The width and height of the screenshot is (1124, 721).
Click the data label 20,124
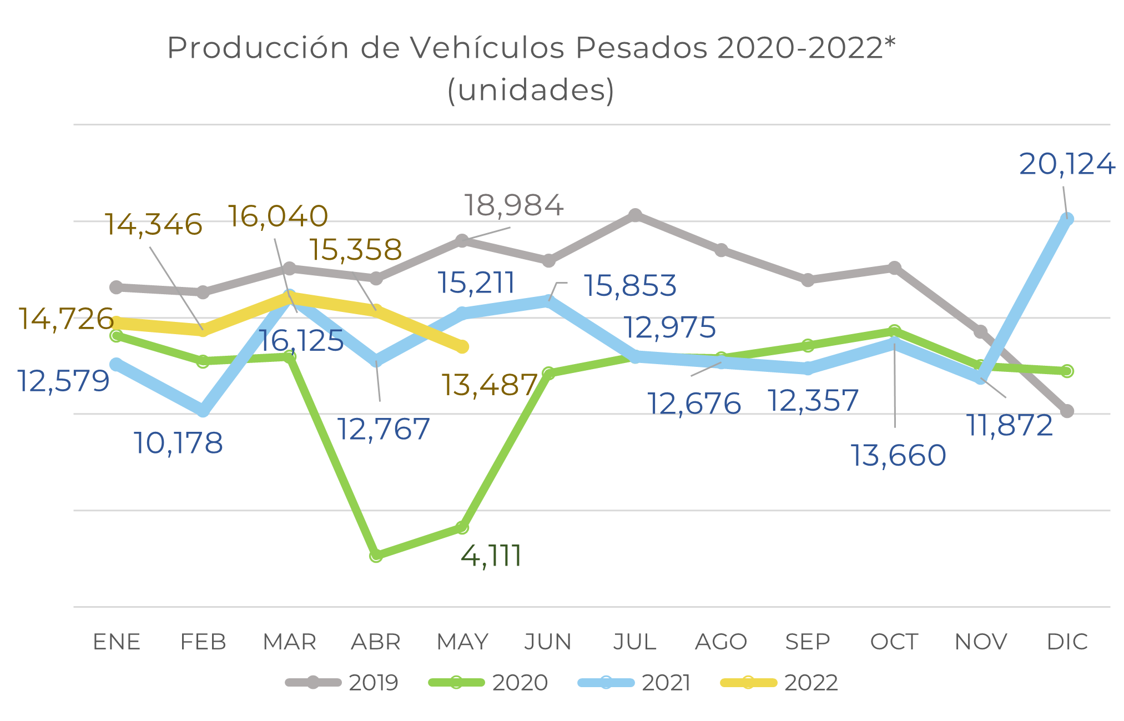point(1066,164)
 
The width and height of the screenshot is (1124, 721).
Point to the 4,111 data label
point(491,556)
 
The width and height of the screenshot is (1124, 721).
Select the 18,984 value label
point(513,205)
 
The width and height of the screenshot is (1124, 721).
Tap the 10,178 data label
point(178,443)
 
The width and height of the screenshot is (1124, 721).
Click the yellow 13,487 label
point(489,385)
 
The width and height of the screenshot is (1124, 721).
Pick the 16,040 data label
point(278,216)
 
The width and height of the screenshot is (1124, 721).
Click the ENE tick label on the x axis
point(117,642)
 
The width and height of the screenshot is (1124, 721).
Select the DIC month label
point(1066,642)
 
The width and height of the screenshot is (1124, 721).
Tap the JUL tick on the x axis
point(634,642)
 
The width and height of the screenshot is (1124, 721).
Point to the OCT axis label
point(894,642)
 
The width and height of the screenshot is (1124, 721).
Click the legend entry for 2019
point(342,683)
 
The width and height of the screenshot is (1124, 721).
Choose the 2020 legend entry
point(488,683)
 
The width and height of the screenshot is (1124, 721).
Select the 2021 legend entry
point(634,683)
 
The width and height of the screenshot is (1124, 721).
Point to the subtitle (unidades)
point(531,90)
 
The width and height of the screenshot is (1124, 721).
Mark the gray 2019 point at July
point(635,215)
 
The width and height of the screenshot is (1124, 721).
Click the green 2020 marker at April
point(376,555)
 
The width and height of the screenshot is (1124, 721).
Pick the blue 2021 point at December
point(1066,220)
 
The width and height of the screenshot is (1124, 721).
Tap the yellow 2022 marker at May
point(462,347)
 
